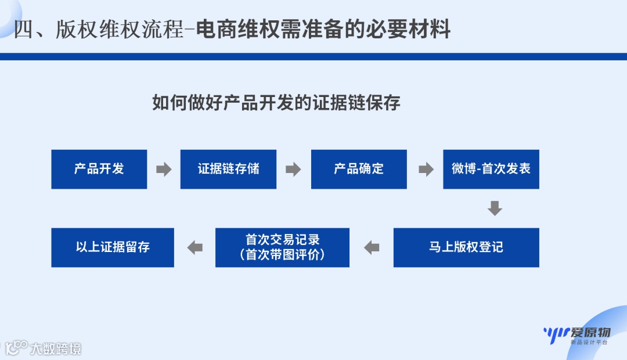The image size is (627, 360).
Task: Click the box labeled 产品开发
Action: [x=99, y=169]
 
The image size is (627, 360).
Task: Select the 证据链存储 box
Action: [x=228, y=169]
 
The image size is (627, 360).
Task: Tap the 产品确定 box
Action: [x=358, y=169]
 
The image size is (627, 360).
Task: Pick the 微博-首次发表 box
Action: [x=491, y=169]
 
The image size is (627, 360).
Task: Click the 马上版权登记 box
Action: [x=466, y=247]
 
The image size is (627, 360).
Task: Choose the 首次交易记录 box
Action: [x=282, y=240]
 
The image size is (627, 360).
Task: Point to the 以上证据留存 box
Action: [x=113, y=247]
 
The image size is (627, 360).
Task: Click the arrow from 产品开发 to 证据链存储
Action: [x=164, y=170]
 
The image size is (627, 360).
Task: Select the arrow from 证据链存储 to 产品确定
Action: [x=293, y=170]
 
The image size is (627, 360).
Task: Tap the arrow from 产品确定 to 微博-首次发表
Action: [x=426, y=170]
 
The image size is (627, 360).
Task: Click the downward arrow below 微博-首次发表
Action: [x=495, y=208]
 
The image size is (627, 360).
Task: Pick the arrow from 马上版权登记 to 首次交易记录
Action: [x=372, y=248]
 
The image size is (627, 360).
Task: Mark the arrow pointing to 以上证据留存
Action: [x=195, y=248]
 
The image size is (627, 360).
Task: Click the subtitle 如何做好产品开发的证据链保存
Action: [x=276, y=103]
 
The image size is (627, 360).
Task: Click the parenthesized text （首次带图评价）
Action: [x=282, y=255]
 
